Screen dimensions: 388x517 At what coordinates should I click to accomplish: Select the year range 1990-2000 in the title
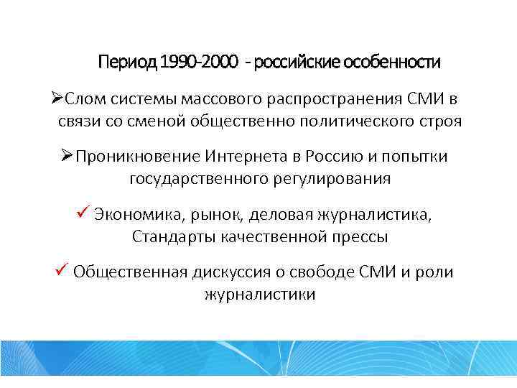coord(200,63)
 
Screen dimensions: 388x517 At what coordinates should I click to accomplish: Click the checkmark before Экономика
coord(81,213)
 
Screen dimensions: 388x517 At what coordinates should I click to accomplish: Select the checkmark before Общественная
coord(61,271)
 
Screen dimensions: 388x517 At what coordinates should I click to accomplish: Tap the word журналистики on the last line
coord(259,294)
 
